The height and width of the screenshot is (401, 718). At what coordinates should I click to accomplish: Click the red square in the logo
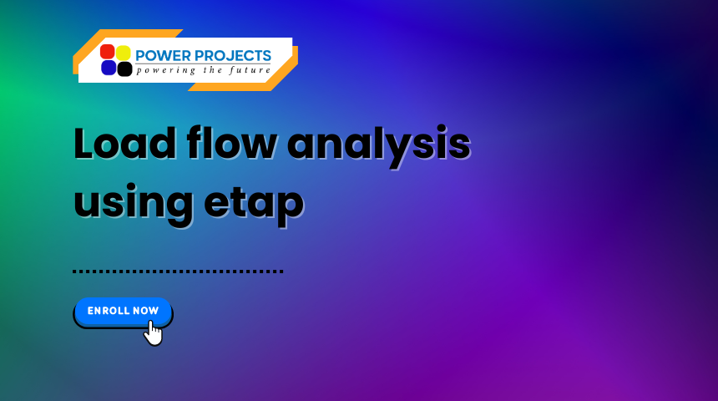(x=108, y=52)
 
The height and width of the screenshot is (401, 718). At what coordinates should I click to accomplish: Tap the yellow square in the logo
(x=124, y=52)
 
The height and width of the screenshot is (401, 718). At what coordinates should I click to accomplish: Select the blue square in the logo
(x=108, y=68)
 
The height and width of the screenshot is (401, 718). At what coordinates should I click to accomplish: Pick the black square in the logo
(x=124, y=69)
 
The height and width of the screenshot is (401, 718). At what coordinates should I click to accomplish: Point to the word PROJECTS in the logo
(x=233, y=56)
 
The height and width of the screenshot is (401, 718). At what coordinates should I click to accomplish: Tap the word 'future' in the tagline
(x=250, y=70)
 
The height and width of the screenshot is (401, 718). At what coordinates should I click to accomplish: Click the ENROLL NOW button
(x=123, y=311)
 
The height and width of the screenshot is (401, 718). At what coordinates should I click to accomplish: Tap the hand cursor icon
(x=152, y=332)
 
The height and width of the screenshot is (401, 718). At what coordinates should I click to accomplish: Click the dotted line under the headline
(x=178, y=271)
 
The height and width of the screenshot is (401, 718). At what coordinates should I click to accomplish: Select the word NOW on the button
(x=145, y=311)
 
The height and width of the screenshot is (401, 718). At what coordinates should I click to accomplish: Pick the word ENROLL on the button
(x=108, y=311)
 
